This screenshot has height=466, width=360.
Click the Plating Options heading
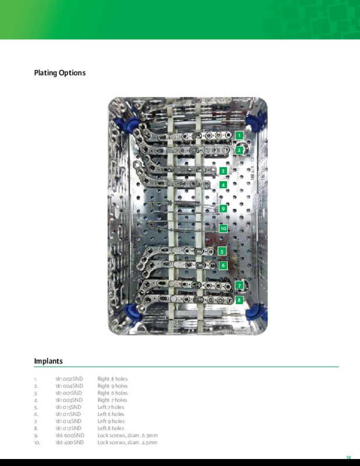(60, 73)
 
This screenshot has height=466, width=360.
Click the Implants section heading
(48, 361)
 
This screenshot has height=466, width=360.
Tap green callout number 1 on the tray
(239, 135)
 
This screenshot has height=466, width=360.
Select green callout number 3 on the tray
(223, 171)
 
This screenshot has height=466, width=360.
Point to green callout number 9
(223, 208)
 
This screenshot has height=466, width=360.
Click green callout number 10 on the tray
(223, 228)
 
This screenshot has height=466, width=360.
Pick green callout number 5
(221, 250)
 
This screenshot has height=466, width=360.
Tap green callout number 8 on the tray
(239, 299)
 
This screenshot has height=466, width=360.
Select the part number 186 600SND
(70, 436)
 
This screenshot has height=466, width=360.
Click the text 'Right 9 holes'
(112, 386)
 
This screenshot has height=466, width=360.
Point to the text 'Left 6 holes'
(111, 414)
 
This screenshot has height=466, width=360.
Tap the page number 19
(348, 458)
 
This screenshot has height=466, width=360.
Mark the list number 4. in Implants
(36, 400)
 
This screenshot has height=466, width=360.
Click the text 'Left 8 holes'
(111, 429)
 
